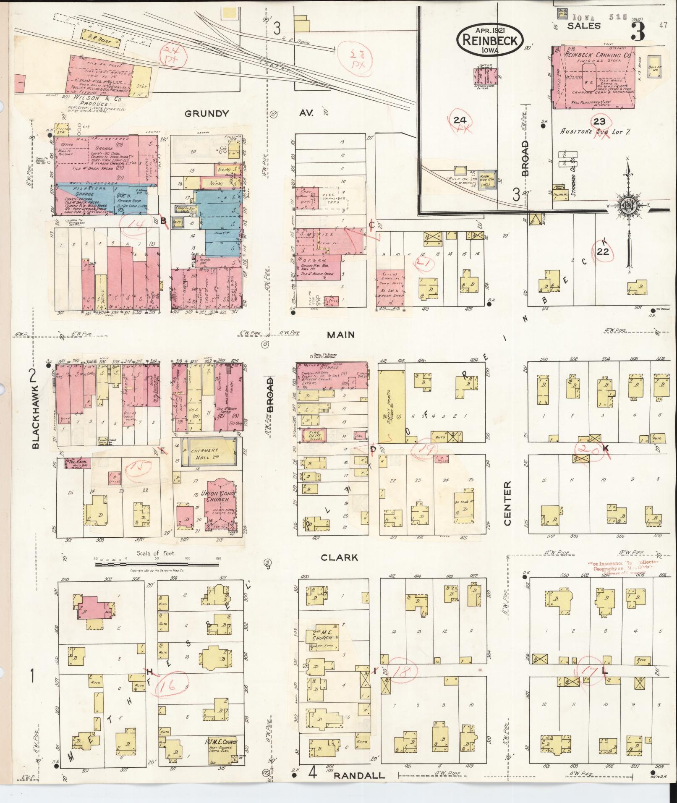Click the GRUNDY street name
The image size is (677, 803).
[x=207, y=113]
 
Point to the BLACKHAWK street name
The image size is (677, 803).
[x=35, y=420]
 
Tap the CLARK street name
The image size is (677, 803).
[x=339, y=557]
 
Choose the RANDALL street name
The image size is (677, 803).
[x=359, y=775]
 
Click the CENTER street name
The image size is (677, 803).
[x=507, y=503]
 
